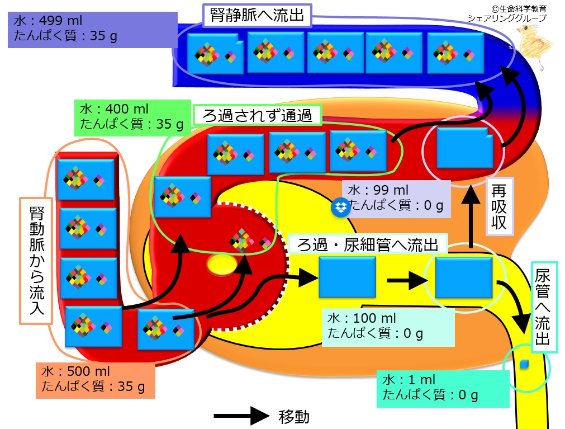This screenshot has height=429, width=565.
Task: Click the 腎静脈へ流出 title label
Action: [x=257, y=16]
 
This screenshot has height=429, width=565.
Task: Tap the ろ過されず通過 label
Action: [x=257, y=115]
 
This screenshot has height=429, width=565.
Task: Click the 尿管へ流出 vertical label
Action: [x=544, y=307]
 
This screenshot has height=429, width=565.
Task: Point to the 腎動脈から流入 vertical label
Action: [x=36, y=261]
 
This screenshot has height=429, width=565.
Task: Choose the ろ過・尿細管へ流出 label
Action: [x=368, y=245]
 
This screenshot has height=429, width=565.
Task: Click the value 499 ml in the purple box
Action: [x=61, y=21]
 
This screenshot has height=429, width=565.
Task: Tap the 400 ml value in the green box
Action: [x=127, y=109]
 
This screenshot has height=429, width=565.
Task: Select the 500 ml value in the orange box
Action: [x=88, y=371]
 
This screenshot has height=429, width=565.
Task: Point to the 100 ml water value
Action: [x=375, y=318]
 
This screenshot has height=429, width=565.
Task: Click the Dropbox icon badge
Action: [x=340, y=208]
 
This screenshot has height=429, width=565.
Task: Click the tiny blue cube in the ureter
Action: [x=524, y=365]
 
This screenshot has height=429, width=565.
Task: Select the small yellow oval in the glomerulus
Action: [x=222, y=265]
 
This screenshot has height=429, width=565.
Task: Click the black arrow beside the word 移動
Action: [x=241, y=416]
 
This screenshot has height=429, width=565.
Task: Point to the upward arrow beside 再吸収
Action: [x=471, y=217]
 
